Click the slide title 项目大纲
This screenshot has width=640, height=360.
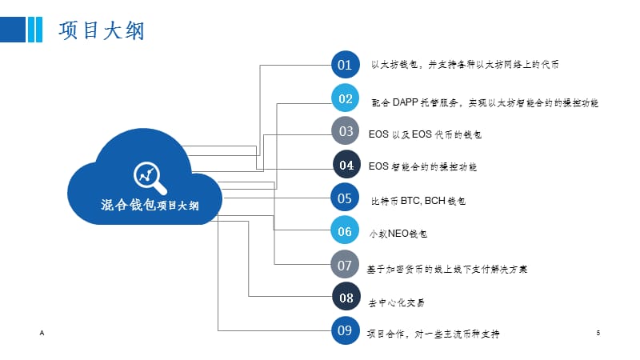pos(101,30)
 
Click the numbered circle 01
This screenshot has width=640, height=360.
pos(346,64)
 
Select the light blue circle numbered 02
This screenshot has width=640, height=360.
pos(346,98)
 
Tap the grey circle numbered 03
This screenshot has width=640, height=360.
pos(346,131)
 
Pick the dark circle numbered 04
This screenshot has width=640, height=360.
pos(346,166)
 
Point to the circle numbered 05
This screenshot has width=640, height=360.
pos(346,198)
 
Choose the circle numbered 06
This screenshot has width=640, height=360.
pos(346,231)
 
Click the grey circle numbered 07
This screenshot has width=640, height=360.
pos(346,265)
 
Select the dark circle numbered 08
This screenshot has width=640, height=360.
pos(346,298)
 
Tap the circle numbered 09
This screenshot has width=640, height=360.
pos(346,330)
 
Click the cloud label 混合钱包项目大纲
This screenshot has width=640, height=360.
pos(150,205)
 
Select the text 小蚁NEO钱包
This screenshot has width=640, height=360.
pos(398,234)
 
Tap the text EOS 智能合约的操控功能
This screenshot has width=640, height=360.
pos(422,167)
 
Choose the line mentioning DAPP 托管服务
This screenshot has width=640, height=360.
pos(485,102)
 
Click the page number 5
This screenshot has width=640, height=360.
pos(598,331)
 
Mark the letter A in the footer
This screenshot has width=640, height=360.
pos(41,331)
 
